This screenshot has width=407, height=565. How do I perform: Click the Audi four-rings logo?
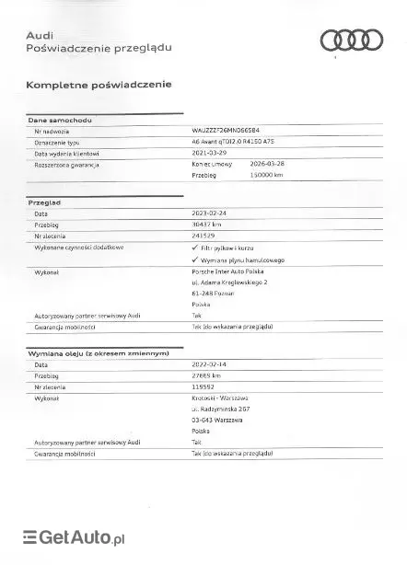tap(351, 40)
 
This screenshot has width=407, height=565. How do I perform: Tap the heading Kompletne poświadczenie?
tap(99, 85)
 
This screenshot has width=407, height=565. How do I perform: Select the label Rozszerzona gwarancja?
tap(66, 165)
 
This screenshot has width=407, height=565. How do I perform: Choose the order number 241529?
tap(203, 236)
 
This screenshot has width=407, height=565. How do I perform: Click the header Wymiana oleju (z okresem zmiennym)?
tap(99, 353)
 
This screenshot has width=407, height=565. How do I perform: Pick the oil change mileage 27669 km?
tap(207, 375)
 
